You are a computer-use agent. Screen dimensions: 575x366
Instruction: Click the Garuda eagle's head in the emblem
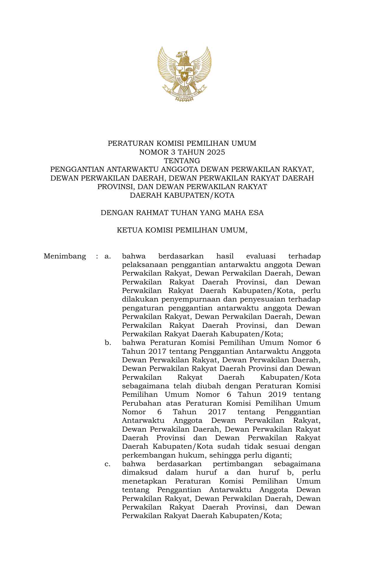[x=182, y=54]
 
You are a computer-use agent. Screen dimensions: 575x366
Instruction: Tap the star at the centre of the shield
[x=184, y=76]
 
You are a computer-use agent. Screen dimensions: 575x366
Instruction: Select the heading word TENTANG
[x=182, y=161]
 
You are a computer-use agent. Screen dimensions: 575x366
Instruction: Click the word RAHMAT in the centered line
[x=155, y=213]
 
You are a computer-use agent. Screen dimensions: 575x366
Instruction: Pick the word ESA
[x=256, y=213]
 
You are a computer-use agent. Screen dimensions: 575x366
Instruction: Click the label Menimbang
[x=65, y=256]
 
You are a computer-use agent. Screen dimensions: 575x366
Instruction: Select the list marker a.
[x=108, y=256]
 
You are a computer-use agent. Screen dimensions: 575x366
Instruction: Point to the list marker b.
[x=108, y=343]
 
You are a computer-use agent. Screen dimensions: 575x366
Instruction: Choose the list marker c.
[x=108, y=464]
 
